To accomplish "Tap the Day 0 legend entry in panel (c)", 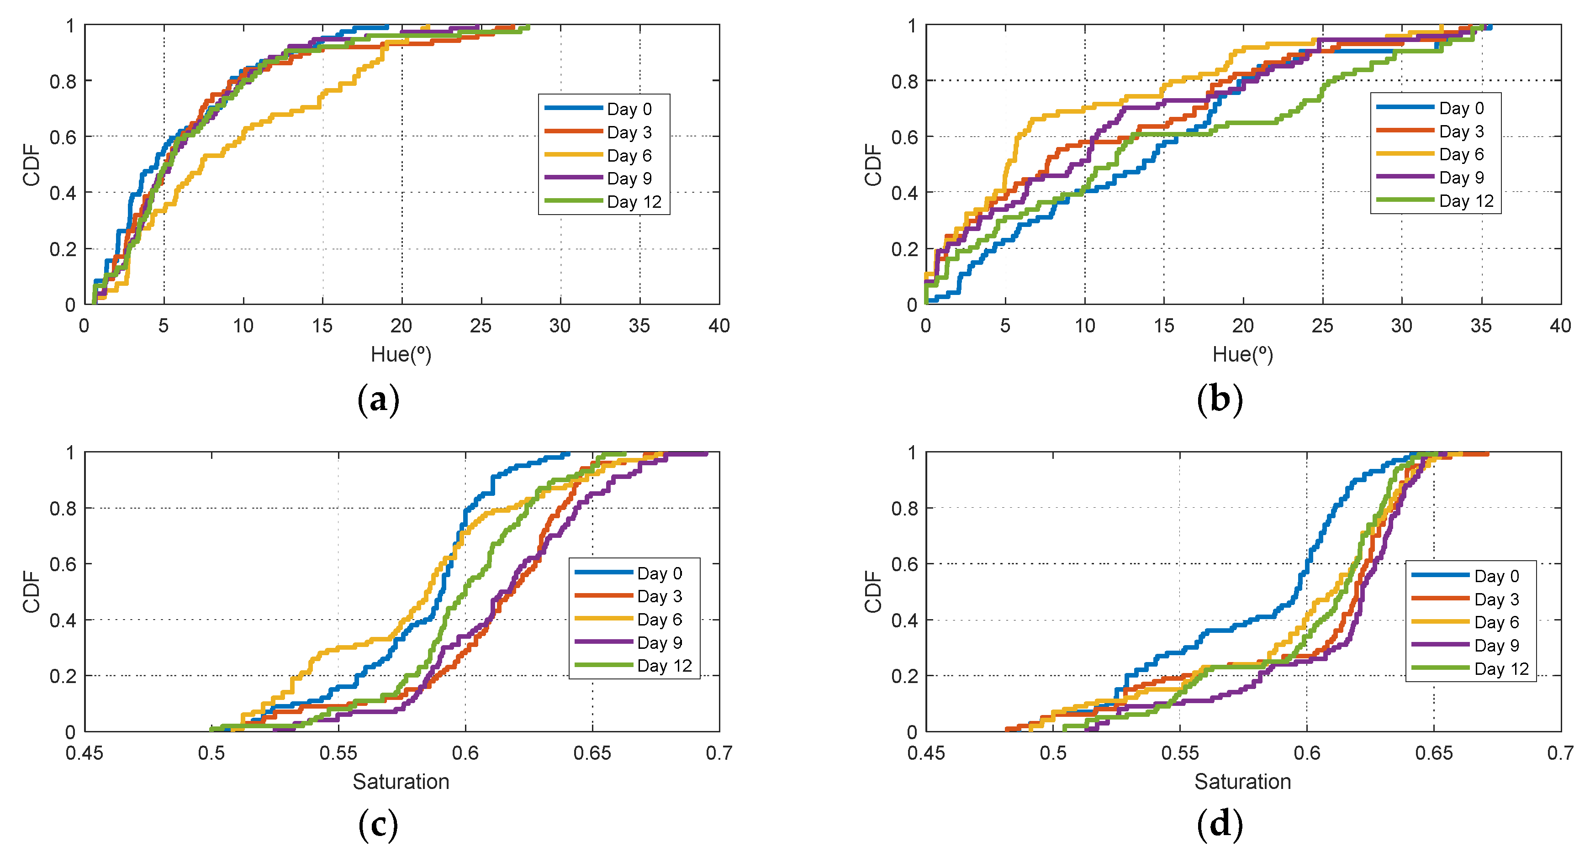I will (659, 573).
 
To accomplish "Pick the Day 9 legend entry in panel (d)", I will (1496, 645).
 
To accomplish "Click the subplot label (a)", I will (378, 400).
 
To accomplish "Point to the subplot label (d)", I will (1220, 825).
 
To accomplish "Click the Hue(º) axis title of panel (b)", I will (1242, 354).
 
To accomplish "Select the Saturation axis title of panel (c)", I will (401, 782).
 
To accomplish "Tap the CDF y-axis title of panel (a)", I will (31, 165).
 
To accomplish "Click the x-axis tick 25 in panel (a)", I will (481, 326).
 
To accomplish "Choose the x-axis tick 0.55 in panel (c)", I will (338, 753).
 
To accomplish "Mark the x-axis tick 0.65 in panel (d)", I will (1434, 753).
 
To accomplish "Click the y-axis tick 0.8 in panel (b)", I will (904, 81).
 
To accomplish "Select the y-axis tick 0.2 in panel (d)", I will (904, 676).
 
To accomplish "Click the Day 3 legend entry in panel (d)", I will (1496, 599).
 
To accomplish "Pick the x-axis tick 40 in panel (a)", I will (719, 326).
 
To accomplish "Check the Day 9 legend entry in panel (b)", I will (1461, 178).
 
